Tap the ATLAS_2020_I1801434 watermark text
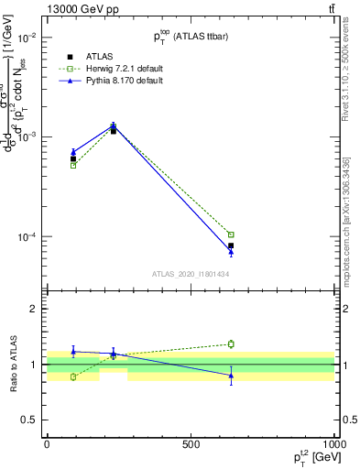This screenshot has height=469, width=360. (x=190, y=274)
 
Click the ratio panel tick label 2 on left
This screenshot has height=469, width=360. (x=33, y=309)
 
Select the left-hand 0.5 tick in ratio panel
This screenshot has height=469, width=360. (x=29, y=420)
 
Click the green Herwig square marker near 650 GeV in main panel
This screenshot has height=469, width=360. (x=231, y=234)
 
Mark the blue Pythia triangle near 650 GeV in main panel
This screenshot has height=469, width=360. (x=231, y=251)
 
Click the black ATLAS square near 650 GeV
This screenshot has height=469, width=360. (x=231, y=245)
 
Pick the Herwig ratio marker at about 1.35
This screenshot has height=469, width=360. (x=231, y=344)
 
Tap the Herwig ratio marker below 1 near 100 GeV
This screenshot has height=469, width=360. (x=73, y=376)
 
